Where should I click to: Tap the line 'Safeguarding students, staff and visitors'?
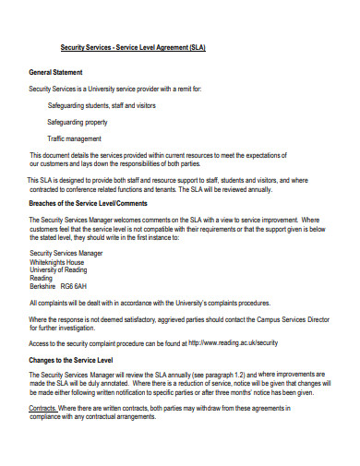point(102,105)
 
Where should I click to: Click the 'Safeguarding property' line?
point(78,121)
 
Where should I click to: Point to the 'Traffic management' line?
point(75,137)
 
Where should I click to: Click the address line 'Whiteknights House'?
point(58,260)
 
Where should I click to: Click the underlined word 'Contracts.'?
point(43,407)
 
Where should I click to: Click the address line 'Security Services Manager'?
point(66,252)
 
